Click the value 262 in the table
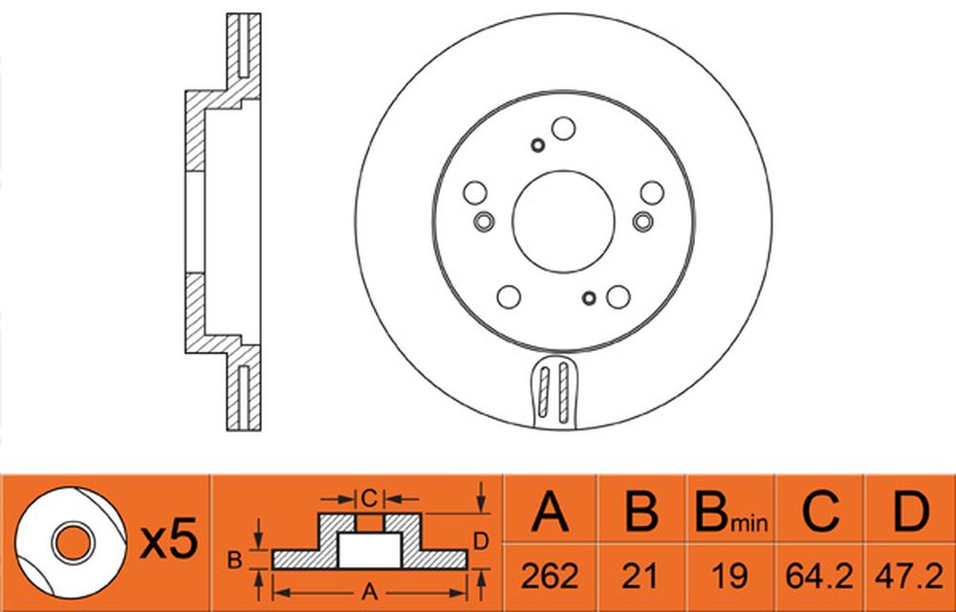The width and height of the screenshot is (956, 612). [550, 576]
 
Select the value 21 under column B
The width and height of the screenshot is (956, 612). [641, 576]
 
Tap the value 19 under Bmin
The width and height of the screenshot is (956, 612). [729, 576]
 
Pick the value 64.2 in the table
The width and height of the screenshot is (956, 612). [819, 576]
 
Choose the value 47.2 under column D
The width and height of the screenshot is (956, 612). [910, 576]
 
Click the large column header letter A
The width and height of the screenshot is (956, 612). [550, 511]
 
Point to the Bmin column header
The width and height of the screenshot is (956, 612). [731, 512]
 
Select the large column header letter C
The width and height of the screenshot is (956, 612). [820, 511]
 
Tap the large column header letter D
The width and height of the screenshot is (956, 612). [911, 511]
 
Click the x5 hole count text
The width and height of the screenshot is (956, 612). [169, 538]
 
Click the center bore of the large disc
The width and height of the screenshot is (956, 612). [563, 221]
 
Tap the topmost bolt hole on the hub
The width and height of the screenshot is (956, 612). [563, 129]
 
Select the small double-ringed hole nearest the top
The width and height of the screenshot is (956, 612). [537, 145]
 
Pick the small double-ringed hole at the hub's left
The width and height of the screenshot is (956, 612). [484, 221]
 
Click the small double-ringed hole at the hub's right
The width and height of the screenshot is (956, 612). [643, 221]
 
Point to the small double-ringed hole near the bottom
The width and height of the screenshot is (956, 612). [589, 298]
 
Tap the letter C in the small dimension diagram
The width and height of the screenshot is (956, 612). [369, 498]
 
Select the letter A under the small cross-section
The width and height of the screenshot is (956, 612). [369, 592]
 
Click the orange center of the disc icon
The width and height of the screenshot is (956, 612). [74, 543]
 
